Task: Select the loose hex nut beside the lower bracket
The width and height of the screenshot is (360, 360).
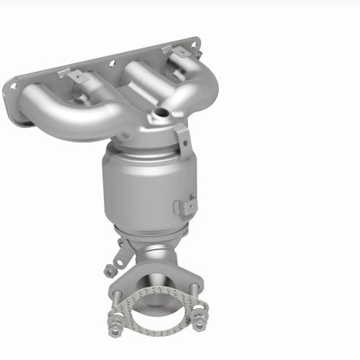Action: pos(110,271)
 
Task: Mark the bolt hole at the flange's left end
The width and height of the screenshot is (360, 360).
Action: pos(12,87)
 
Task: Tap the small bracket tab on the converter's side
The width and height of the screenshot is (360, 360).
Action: pos(184,206)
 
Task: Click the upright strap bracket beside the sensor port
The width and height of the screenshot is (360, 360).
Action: pos(181,138)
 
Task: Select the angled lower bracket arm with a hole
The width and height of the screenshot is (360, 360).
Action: pos(124,253)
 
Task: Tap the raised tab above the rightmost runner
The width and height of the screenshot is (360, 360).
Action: pos(178,53)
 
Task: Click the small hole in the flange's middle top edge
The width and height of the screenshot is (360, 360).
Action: pos(111,61)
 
